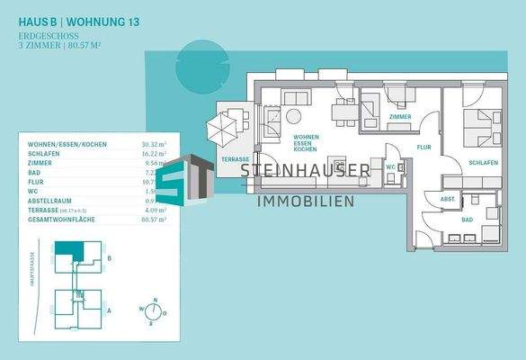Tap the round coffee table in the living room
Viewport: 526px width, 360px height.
pos(295,115)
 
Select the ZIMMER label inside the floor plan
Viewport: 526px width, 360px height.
pos(400,117)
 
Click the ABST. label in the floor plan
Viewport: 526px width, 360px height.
pos(447,199)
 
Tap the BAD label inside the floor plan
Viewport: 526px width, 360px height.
pos(468,220)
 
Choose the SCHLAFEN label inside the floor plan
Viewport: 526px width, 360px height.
pos(484,162)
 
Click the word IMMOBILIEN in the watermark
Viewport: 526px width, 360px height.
pos(306,201)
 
